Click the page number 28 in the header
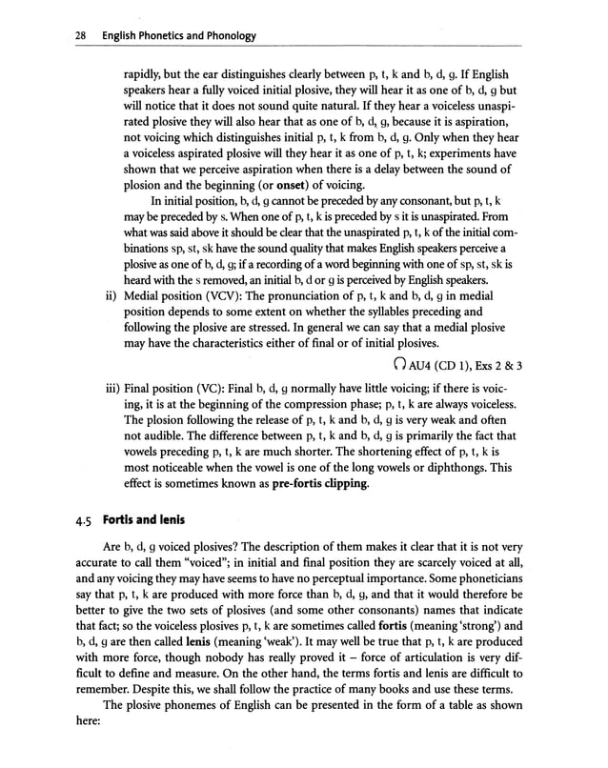point(54,35)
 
